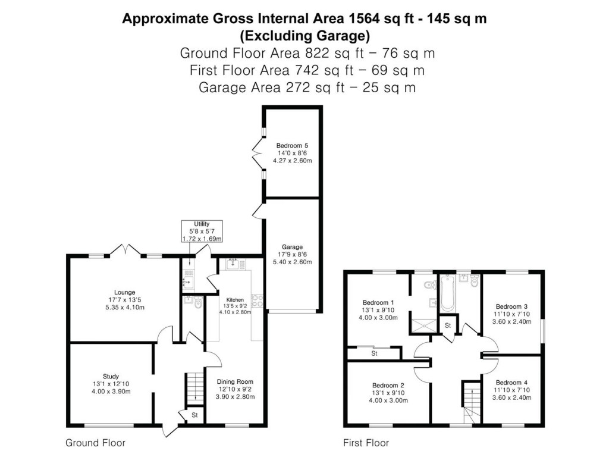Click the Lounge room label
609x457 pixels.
tap(125, 292)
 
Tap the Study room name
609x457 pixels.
tap(111, 376)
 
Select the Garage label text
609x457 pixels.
tap(293, 246)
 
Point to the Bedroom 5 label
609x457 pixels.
tap(293, 145)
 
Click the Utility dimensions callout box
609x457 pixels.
tap(202, 231)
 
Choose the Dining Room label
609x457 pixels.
tap(235, 381)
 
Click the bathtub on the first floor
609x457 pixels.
tap(447, 294)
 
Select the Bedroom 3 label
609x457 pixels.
tap(512, 307)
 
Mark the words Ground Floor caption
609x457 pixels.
tap(95, 443)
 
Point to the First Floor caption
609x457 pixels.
tap(366, 443)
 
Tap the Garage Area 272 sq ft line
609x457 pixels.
tap(307, 87)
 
